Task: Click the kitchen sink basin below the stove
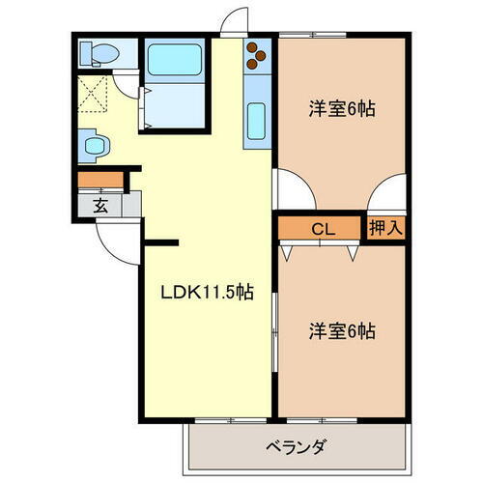[257, 122]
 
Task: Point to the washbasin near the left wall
[94, 146]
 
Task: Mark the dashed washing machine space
[95, 94]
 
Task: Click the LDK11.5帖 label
[207, 291]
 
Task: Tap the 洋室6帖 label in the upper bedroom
[341, 107]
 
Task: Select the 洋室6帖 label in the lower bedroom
[341, 330]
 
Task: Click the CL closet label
[322, 228]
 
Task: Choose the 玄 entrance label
[101, 205]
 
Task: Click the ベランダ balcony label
[295, 447]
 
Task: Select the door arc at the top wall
[231, 21]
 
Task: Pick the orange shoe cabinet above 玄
[100, 179]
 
